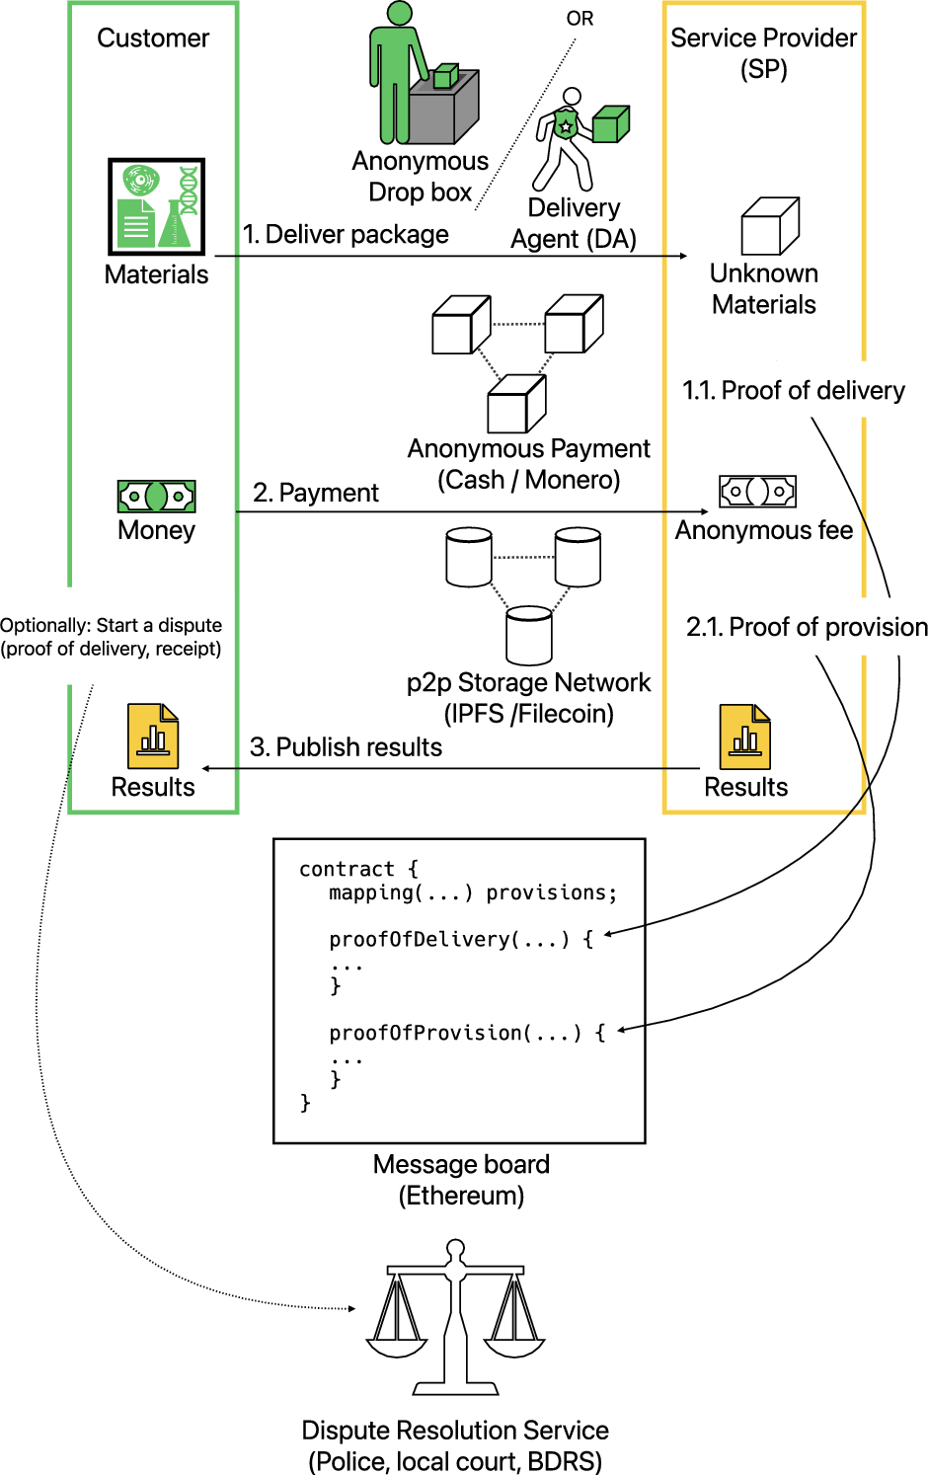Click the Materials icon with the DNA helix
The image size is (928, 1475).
pos(156,207)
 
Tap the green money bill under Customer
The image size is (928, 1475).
pos(156,496)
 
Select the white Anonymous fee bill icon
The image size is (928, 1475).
pos(757,491)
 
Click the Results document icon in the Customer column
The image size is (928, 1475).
pos(153,737)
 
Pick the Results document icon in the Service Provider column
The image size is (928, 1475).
pos(745,737)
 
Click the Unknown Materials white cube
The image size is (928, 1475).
pos(770,227)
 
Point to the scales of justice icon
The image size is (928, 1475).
pos(455,1318)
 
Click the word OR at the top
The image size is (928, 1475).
pos(580,19)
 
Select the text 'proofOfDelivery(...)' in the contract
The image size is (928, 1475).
pos(450,939)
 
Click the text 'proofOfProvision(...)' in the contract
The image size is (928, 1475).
pos(455,1033)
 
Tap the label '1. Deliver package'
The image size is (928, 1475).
pos(346,234)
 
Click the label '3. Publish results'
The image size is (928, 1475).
pos(346,747)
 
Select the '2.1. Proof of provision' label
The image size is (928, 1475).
pos(807,627)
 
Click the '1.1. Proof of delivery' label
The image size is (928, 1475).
pos(793,390)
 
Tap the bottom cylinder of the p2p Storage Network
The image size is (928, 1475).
pos(529,636)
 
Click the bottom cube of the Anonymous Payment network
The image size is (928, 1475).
pos(516,404)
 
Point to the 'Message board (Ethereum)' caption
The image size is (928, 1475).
pos(461,1180)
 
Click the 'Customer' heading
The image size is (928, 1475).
pos(153,38)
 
